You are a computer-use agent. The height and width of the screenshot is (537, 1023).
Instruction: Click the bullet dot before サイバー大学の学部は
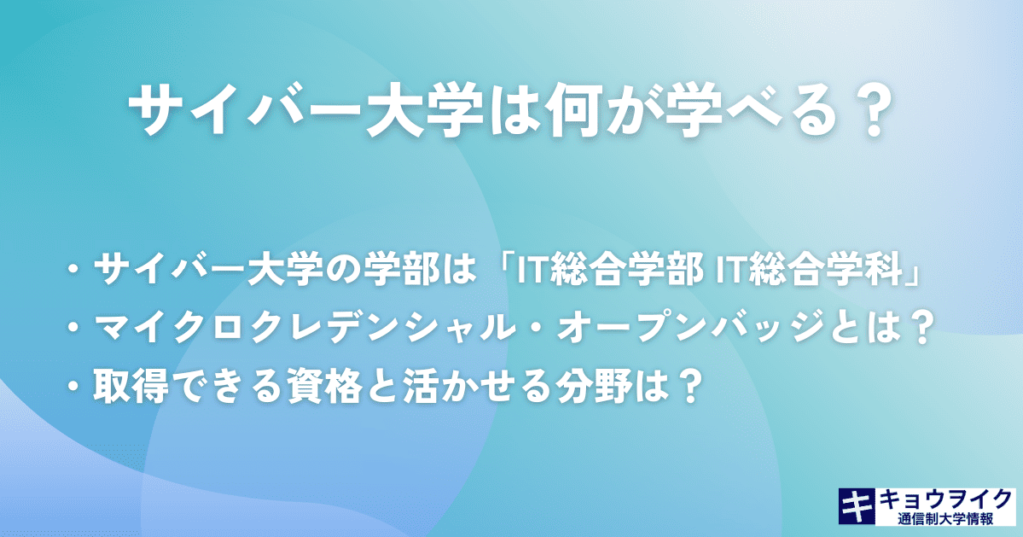(x=73, y=271)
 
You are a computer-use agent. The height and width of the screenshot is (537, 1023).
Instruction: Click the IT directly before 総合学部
(x=531, y=271)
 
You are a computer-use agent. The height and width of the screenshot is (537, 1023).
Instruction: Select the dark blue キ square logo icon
(x=857, y=506)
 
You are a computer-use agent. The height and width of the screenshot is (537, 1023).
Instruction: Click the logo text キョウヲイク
(x=945, y=500)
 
